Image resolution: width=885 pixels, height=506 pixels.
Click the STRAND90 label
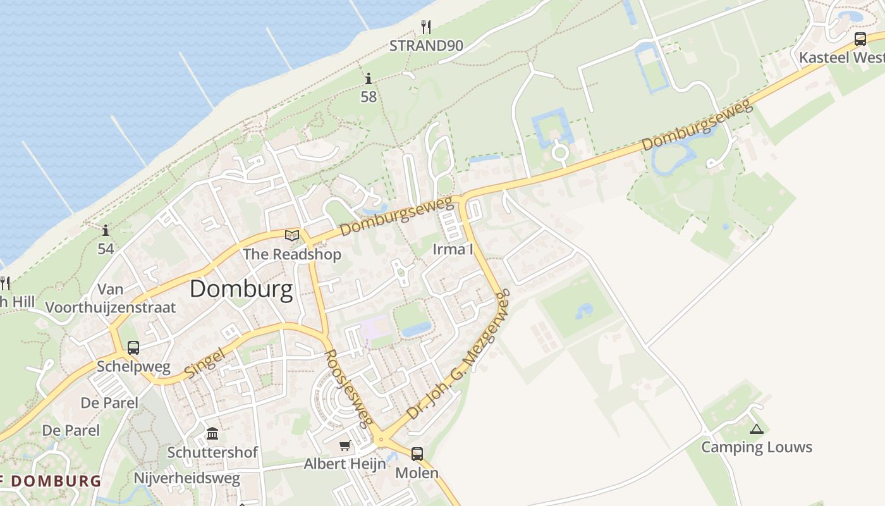[x=426, y=46]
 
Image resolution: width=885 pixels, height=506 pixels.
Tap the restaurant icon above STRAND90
[x=426, y=27]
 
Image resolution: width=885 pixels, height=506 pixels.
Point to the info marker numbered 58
[x=369, y=78]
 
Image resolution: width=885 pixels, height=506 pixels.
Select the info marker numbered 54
[x=106, y=230]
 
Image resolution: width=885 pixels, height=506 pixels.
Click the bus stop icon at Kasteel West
[x=860, y=39]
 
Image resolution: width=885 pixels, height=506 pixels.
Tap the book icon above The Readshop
[x=291, y=236]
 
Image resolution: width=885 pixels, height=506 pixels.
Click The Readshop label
[x=292, y=254]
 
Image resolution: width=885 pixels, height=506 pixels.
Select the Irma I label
[x=453, y=249]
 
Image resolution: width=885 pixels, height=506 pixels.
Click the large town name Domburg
[x=241, y=290]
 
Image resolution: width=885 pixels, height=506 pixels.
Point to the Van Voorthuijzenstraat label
[x=110, y=299]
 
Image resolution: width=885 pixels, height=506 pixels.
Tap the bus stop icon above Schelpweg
[x=133, y=347]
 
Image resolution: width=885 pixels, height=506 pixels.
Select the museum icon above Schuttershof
[x=212, y=434]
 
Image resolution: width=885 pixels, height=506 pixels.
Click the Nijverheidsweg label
[x=186, y=478]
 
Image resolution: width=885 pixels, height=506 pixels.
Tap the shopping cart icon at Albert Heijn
[x=345, y=446]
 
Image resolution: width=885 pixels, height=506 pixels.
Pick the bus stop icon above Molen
[x=417, y=454]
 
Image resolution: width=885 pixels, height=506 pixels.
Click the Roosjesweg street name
[x=348, y=388]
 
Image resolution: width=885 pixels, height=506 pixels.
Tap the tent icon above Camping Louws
[x=756, y=429]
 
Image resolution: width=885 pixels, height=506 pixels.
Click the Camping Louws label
[x=756, y=447]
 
